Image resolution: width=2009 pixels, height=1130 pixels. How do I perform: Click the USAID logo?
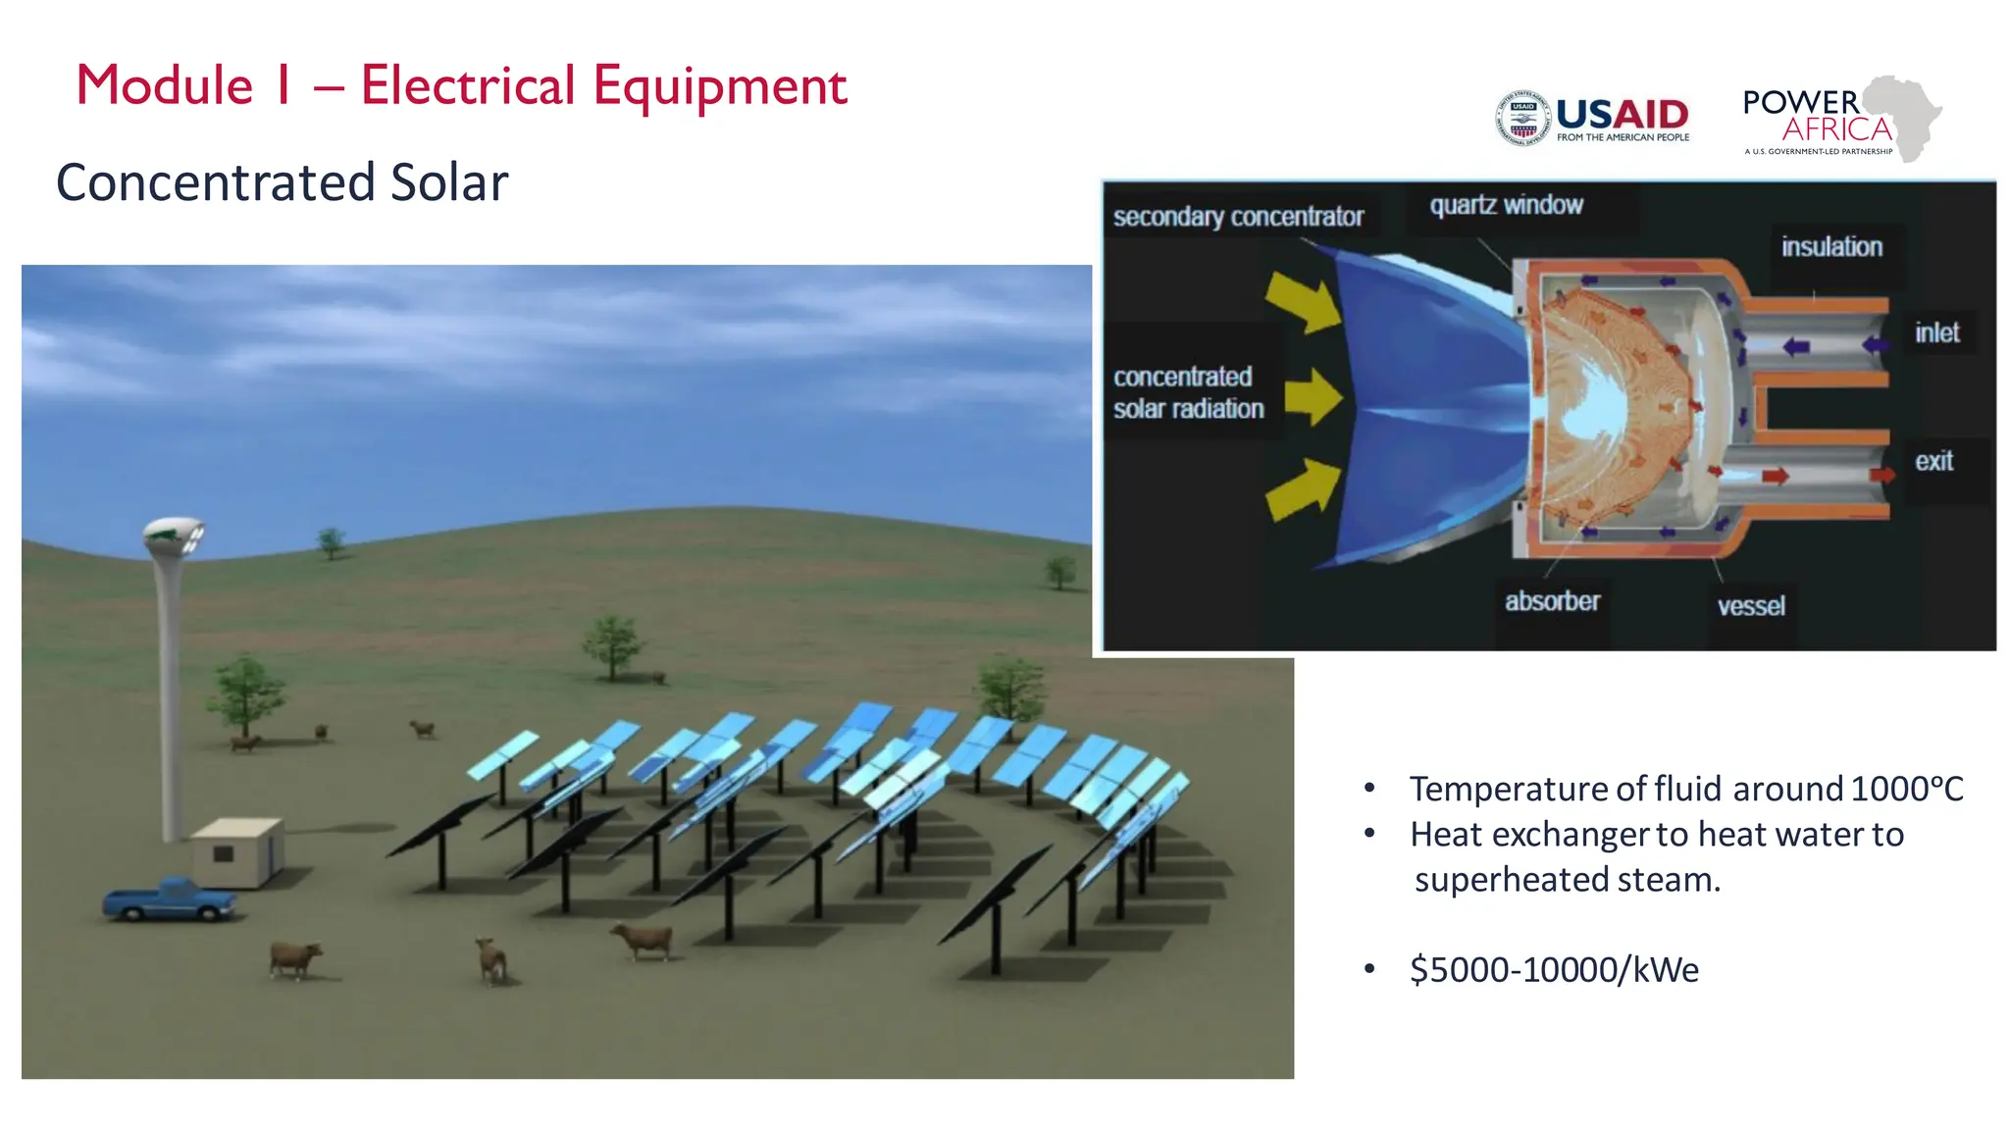click(x=1591, y=119)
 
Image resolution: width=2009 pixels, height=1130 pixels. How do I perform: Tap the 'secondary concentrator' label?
click(x=1238, y=217)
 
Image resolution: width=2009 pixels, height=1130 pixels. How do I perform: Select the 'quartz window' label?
click(x=1506, y=205)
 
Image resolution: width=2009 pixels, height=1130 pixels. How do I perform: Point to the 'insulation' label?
click(x=1831, y=247)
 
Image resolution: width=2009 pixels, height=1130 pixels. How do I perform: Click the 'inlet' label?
click(x=1936, y=334)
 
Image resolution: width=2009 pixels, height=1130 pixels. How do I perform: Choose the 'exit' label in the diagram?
click(x=1933, y=461)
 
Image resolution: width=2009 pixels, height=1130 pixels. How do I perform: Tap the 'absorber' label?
click(x=1552, y=601)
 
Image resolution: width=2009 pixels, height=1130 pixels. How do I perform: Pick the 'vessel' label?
click(x=1751, y=606)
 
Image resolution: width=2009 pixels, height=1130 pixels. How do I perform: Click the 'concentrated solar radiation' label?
click(x=1188, y=392)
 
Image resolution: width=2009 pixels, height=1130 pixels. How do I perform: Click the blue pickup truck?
click(x=169, y=899)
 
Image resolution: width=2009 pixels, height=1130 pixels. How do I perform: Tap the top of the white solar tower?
click(x=174, y=536)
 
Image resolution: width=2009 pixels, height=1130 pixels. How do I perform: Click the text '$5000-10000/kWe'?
click(x=1554, y=969)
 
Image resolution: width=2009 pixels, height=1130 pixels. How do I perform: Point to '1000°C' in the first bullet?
click(x=1906, y=789)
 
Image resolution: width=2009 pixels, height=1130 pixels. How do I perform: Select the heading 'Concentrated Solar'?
click(x=283, y=182)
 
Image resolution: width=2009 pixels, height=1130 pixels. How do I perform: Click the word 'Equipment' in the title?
click(x=719, y=85)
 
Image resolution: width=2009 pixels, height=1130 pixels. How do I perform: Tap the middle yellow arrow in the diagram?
click(x=1313, y=397)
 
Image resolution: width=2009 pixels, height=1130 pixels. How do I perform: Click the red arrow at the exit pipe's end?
click(x=1880, y=475)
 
